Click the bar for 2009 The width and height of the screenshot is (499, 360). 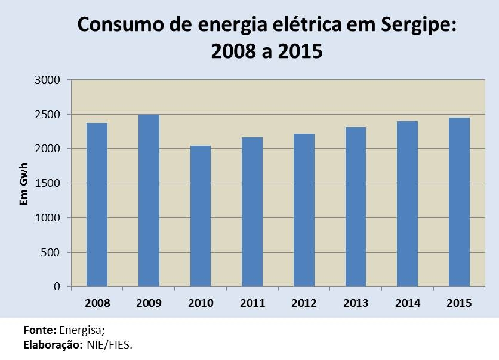(149, 200)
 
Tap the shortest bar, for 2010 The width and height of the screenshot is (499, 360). (201, 216)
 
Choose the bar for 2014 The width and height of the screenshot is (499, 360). (408, 204)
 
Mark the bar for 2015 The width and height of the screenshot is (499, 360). (459, 202)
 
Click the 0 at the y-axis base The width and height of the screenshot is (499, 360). (57, 287)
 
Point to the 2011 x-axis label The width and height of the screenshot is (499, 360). (252, 303)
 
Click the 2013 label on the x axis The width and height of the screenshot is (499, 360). (356, 303)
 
